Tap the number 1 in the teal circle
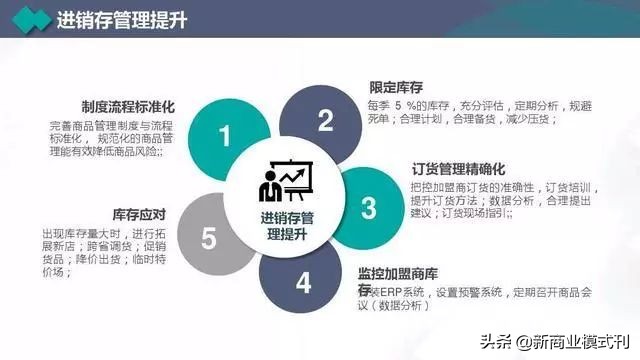(x=226, y=136)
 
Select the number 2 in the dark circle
(x=324, y=120)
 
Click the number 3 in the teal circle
(x=368, y=207)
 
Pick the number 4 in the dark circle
(x=304, y=282)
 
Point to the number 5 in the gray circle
(x=208, y=238)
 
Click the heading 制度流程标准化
(x=131, y=106)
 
